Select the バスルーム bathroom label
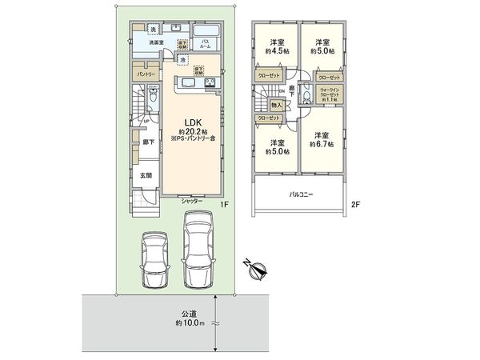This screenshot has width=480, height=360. point(205,43)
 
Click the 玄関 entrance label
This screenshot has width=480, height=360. point(147,174)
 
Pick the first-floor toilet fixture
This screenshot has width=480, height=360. point(150,102)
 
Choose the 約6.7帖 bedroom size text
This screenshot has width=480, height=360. point(321,145)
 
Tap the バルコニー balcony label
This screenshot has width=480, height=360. point(302,194)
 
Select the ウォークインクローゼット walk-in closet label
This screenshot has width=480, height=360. point(329,94)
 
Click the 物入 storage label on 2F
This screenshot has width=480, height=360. point(276,104)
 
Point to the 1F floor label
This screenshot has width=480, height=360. point(226,206)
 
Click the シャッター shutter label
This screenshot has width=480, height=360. point(192,201)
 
